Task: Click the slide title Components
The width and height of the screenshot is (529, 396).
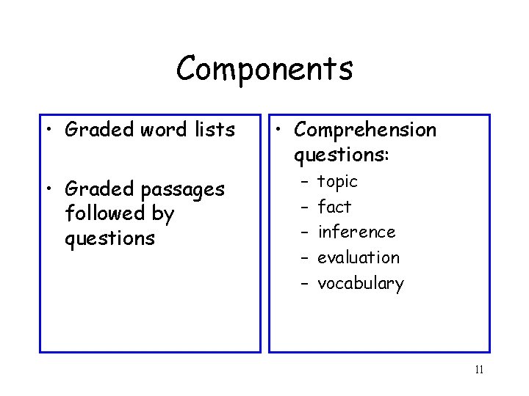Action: pos(264,69)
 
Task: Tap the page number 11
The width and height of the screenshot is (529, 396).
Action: pos(479,370)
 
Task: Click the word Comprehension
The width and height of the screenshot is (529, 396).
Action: pos(365,130)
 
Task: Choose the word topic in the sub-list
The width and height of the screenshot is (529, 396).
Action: pos(337,181)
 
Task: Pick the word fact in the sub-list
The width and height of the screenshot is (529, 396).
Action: pos(334,207)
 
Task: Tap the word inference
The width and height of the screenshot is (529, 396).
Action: pos(356,232)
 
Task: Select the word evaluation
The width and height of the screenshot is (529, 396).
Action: pos(359,257)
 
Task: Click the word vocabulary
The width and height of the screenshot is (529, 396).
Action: pos(361,284)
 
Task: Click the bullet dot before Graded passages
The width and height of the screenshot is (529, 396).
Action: pos(49,189)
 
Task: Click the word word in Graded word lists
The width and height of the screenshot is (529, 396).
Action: pos(161,130)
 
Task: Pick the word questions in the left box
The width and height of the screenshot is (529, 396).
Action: pos(109,239)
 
